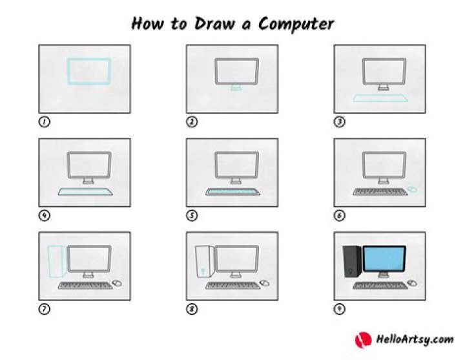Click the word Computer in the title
pyautogui.click(x=296, y=24)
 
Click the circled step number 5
pyautogui.click(x=192, y=215)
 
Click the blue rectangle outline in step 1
pyautogui.click(x=88, y=71)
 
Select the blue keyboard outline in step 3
pyautogui.click(x=380, y=98)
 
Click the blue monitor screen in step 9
pyautogui.click(x=384, y=259)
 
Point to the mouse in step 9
pyautogui.click(x=411, y=283)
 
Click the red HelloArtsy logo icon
pyautogui.click(x=362, y=339)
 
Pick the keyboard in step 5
pyautogui.click(x=233, y=191)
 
